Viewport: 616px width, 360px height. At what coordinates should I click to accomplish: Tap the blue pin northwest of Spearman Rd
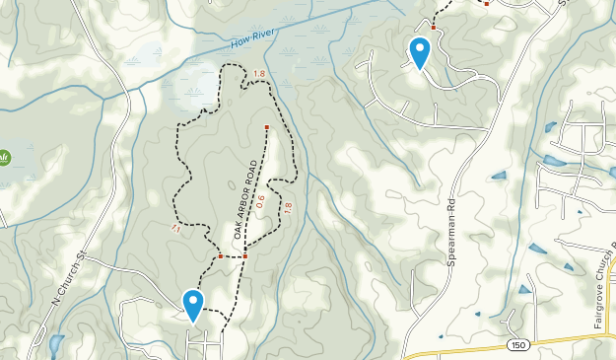point(420,52)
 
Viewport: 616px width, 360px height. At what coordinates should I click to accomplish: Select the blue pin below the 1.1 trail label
point(193,305)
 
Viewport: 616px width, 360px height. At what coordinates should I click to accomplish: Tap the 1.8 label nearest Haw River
point(259,74)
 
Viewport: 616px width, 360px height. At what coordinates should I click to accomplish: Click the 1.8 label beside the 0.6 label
point(288,208)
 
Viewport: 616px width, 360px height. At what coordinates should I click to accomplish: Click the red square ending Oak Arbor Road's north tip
point(266,128)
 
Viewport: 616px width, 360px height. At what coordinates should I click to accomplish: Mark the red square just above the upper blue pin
point(433,28)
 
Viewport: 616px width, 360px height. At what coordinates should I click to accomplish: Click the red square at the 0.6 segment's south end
point(244,256)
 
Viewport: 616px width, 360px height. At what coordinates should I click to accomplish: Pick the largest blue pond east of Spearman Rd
point(554,160)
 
